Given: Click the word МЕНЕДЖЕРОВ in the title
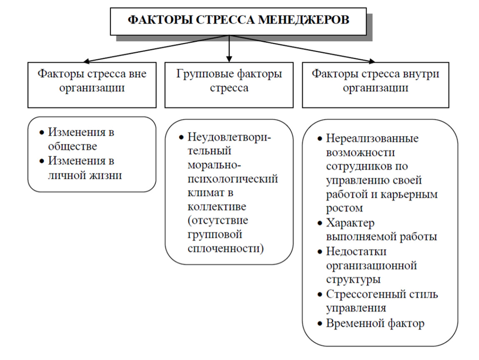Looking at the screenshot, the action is point(303,20).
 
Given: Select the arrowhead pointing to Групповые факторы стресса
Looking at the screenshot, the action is point(229,59).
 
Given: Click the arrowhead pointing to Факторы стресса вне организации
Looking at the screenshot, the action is point(87,61).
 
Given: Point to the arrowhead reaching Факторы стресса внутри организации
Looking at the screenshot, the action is point(372,61).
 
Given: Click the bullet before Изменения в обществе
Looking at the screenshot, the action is point(42,133).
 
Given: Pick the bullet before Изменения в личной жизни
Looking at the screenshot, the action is point(42,161).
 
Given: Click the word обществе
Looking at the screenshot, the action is point(72,146).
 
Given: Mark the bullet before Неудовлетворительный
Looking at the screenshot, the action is point(182,137).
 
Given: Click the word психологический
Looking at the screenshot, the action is point(233,179).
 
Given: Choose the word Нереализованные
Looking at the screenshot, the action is point(372,139).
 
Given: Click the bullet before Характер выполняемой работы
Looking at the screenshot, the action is point(320,223).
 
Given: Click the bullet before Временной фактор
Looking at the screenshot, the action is point(320,324).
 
